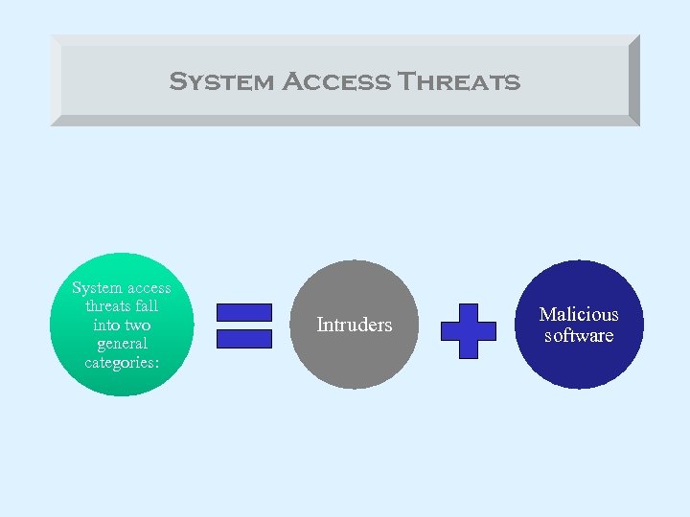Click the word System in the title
[221, 81]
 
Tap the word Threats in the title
[459, 81]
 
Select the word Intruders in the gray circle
[355, 326]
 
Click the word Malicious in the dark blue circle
[579, 314]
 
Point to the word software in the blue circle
[579, 335]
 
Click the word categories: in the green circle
[122, 362]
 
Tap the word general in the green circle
[122, 344]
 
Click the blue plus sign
[468, 331]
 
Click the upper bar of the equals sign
[244, 312]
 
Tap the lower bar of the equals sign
[244, 339]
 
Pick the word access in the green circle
[149, 288]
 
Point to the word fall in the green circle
[148, 306]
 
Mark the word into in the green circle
[107, 326]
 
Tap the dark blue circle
[579, 364]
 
